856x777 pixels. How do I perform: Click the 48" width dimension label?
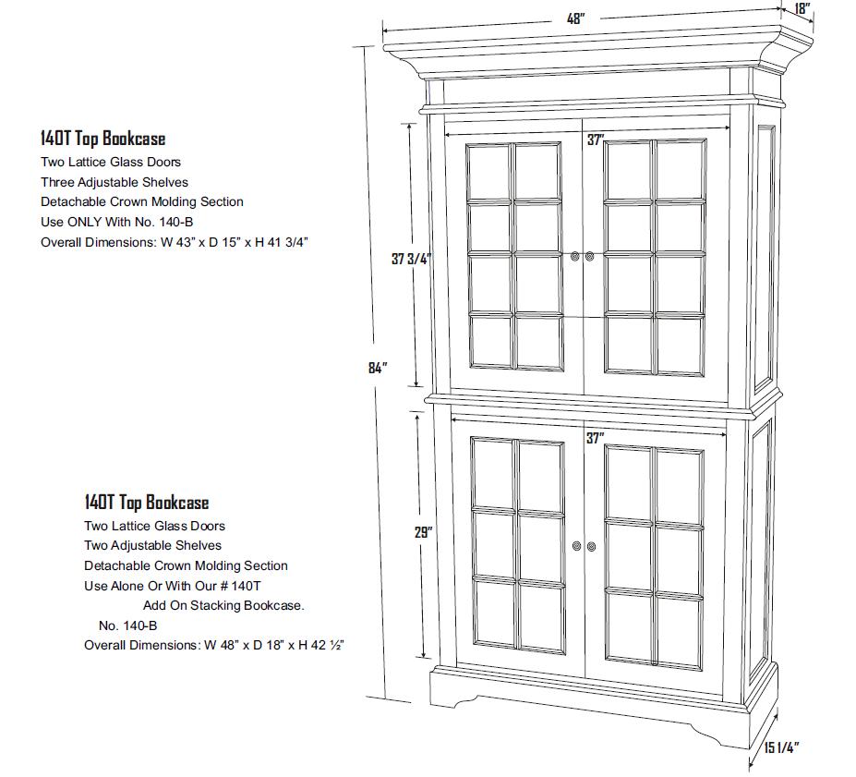(576, 18)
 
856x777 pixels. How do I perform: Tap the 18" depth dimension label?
(802, 10)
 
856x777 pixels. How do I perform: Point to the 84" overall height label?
(376, 368)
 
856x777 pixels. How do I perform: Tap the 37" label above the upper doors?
(596, 140)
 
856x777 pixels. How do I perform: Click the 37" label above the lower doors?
(595, 437)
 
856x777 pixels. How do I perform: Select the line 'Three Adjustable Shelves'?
(115, 182)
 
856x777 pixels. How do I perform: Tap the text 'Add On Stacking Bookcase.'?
(223, 605)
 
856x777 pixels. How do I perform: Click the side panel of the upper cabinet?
(766, 259)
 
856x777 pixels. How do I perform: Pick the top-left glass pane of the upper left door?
(489, 169)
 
